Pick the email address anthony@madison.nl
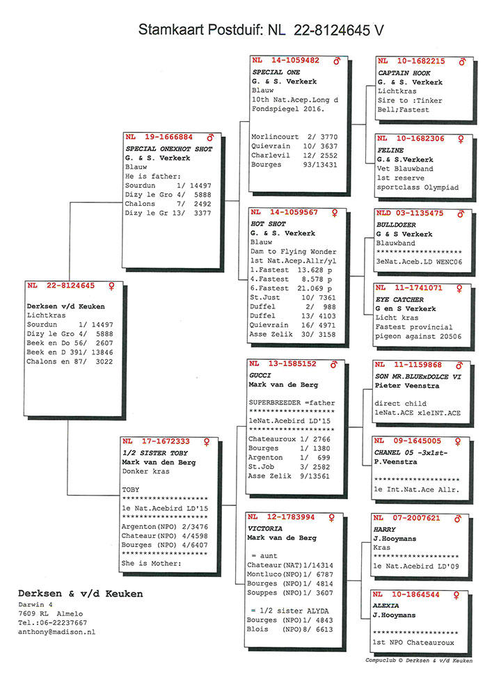[56, 632]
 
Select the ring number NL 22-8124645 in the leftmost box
[61, 286]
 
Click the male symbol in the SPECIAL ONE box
[337, 61]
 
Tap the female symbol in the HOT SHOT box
[337, 212]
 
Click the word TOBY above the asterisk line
[131, 489]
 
